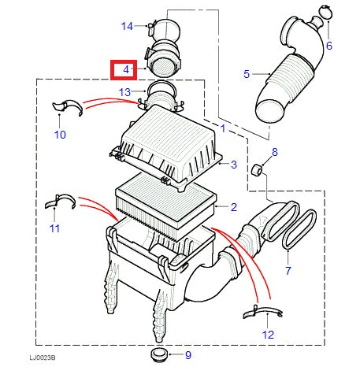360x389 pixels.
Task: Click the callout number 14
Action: click(128, 26)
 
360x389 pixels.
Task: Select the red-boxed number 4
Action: click(124, 71)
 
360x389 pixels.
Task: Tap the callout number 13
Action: click(125, 92)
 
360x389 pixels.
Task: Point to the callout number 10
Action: click(61, 135)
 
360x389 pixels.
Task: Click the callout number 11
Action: click(54, 228)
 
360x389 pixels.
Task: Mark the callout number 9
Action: click(187, 355)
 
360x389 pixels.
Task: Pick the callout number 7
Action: click(288, 271)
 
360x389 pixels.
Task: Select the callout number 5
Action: click(247, 74)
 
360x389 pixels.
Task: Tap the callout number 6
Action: click(329, 46)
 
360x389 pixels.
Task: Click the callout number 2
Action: click(234, 207)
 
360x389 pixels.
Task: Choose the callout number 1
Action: click(223, 128)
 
